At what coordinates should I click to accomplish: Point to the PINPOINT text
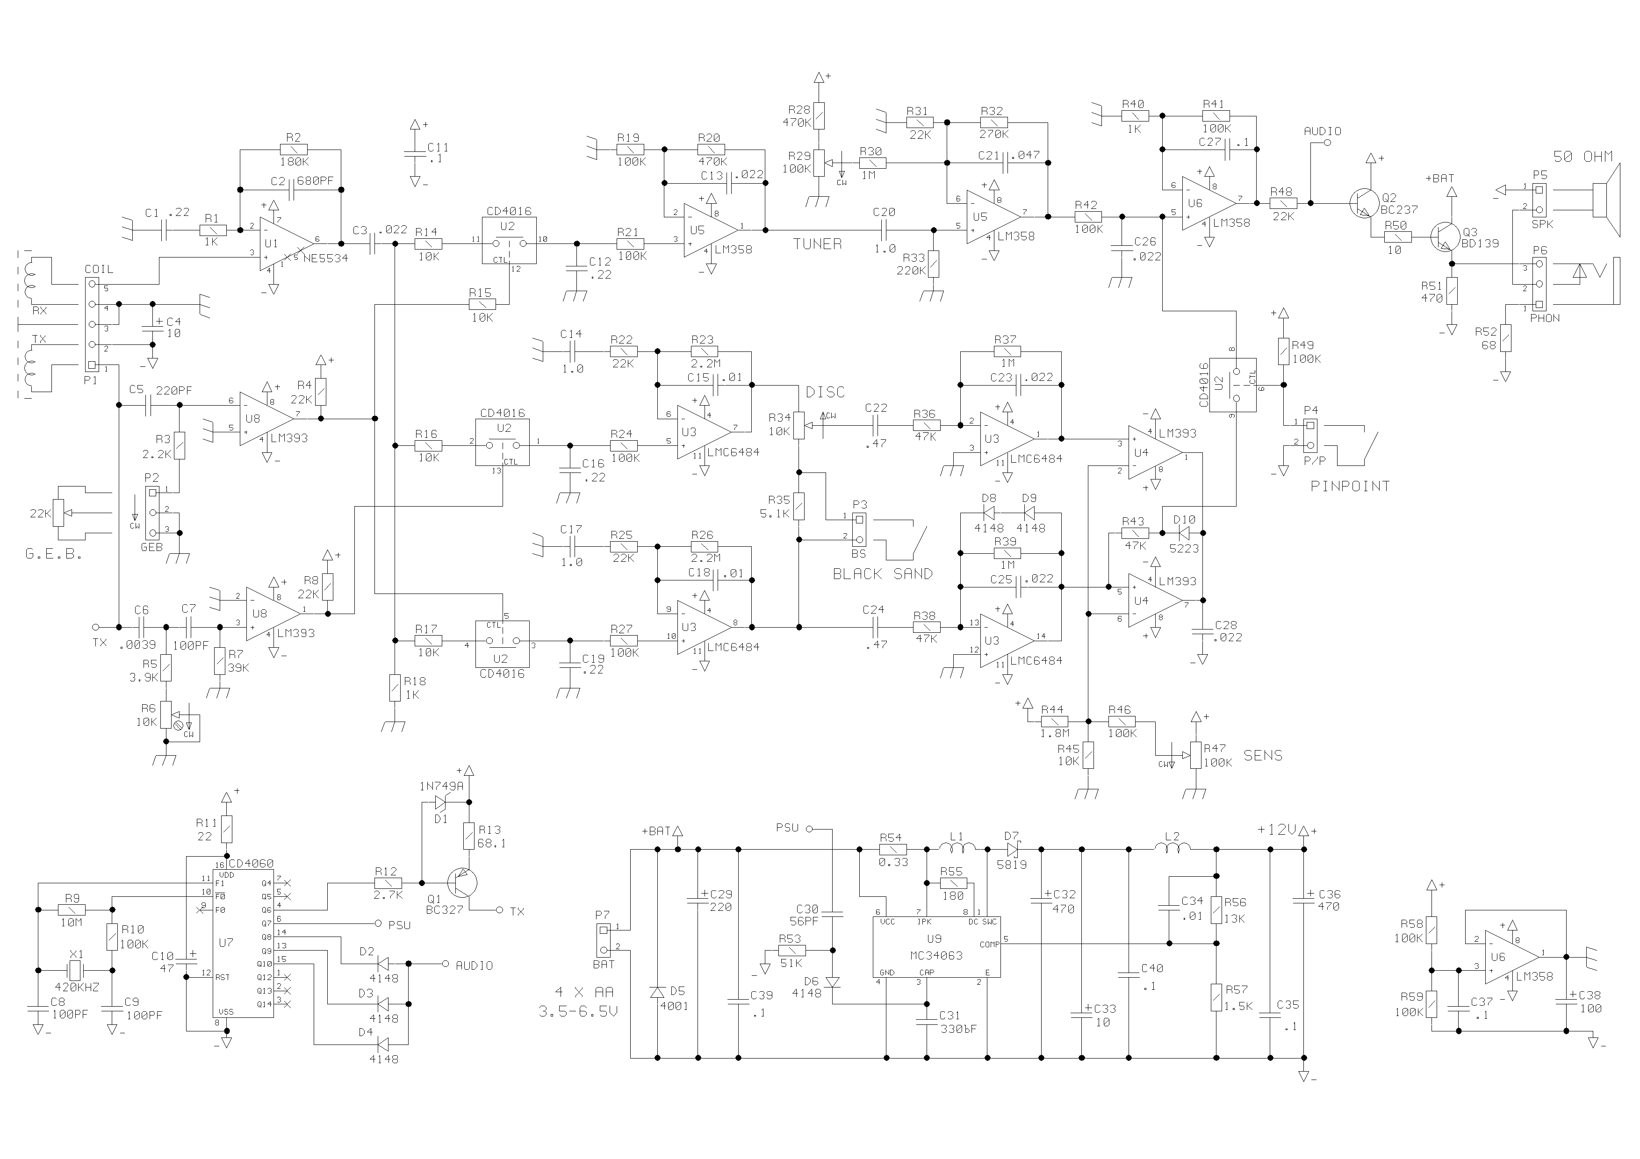tap(1350, 486)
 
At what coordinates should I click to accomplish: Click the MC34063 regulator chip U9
tap(936, 947)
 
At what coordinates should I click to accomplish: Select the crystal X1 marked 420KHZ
tap(74, 971)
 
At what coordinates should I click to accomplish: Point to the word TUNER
tap(817, 244)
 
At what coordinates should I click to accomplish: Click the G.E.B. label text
tap(54, 553)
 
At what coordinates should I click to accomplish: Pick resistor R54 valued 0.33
tap(893, 849)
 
